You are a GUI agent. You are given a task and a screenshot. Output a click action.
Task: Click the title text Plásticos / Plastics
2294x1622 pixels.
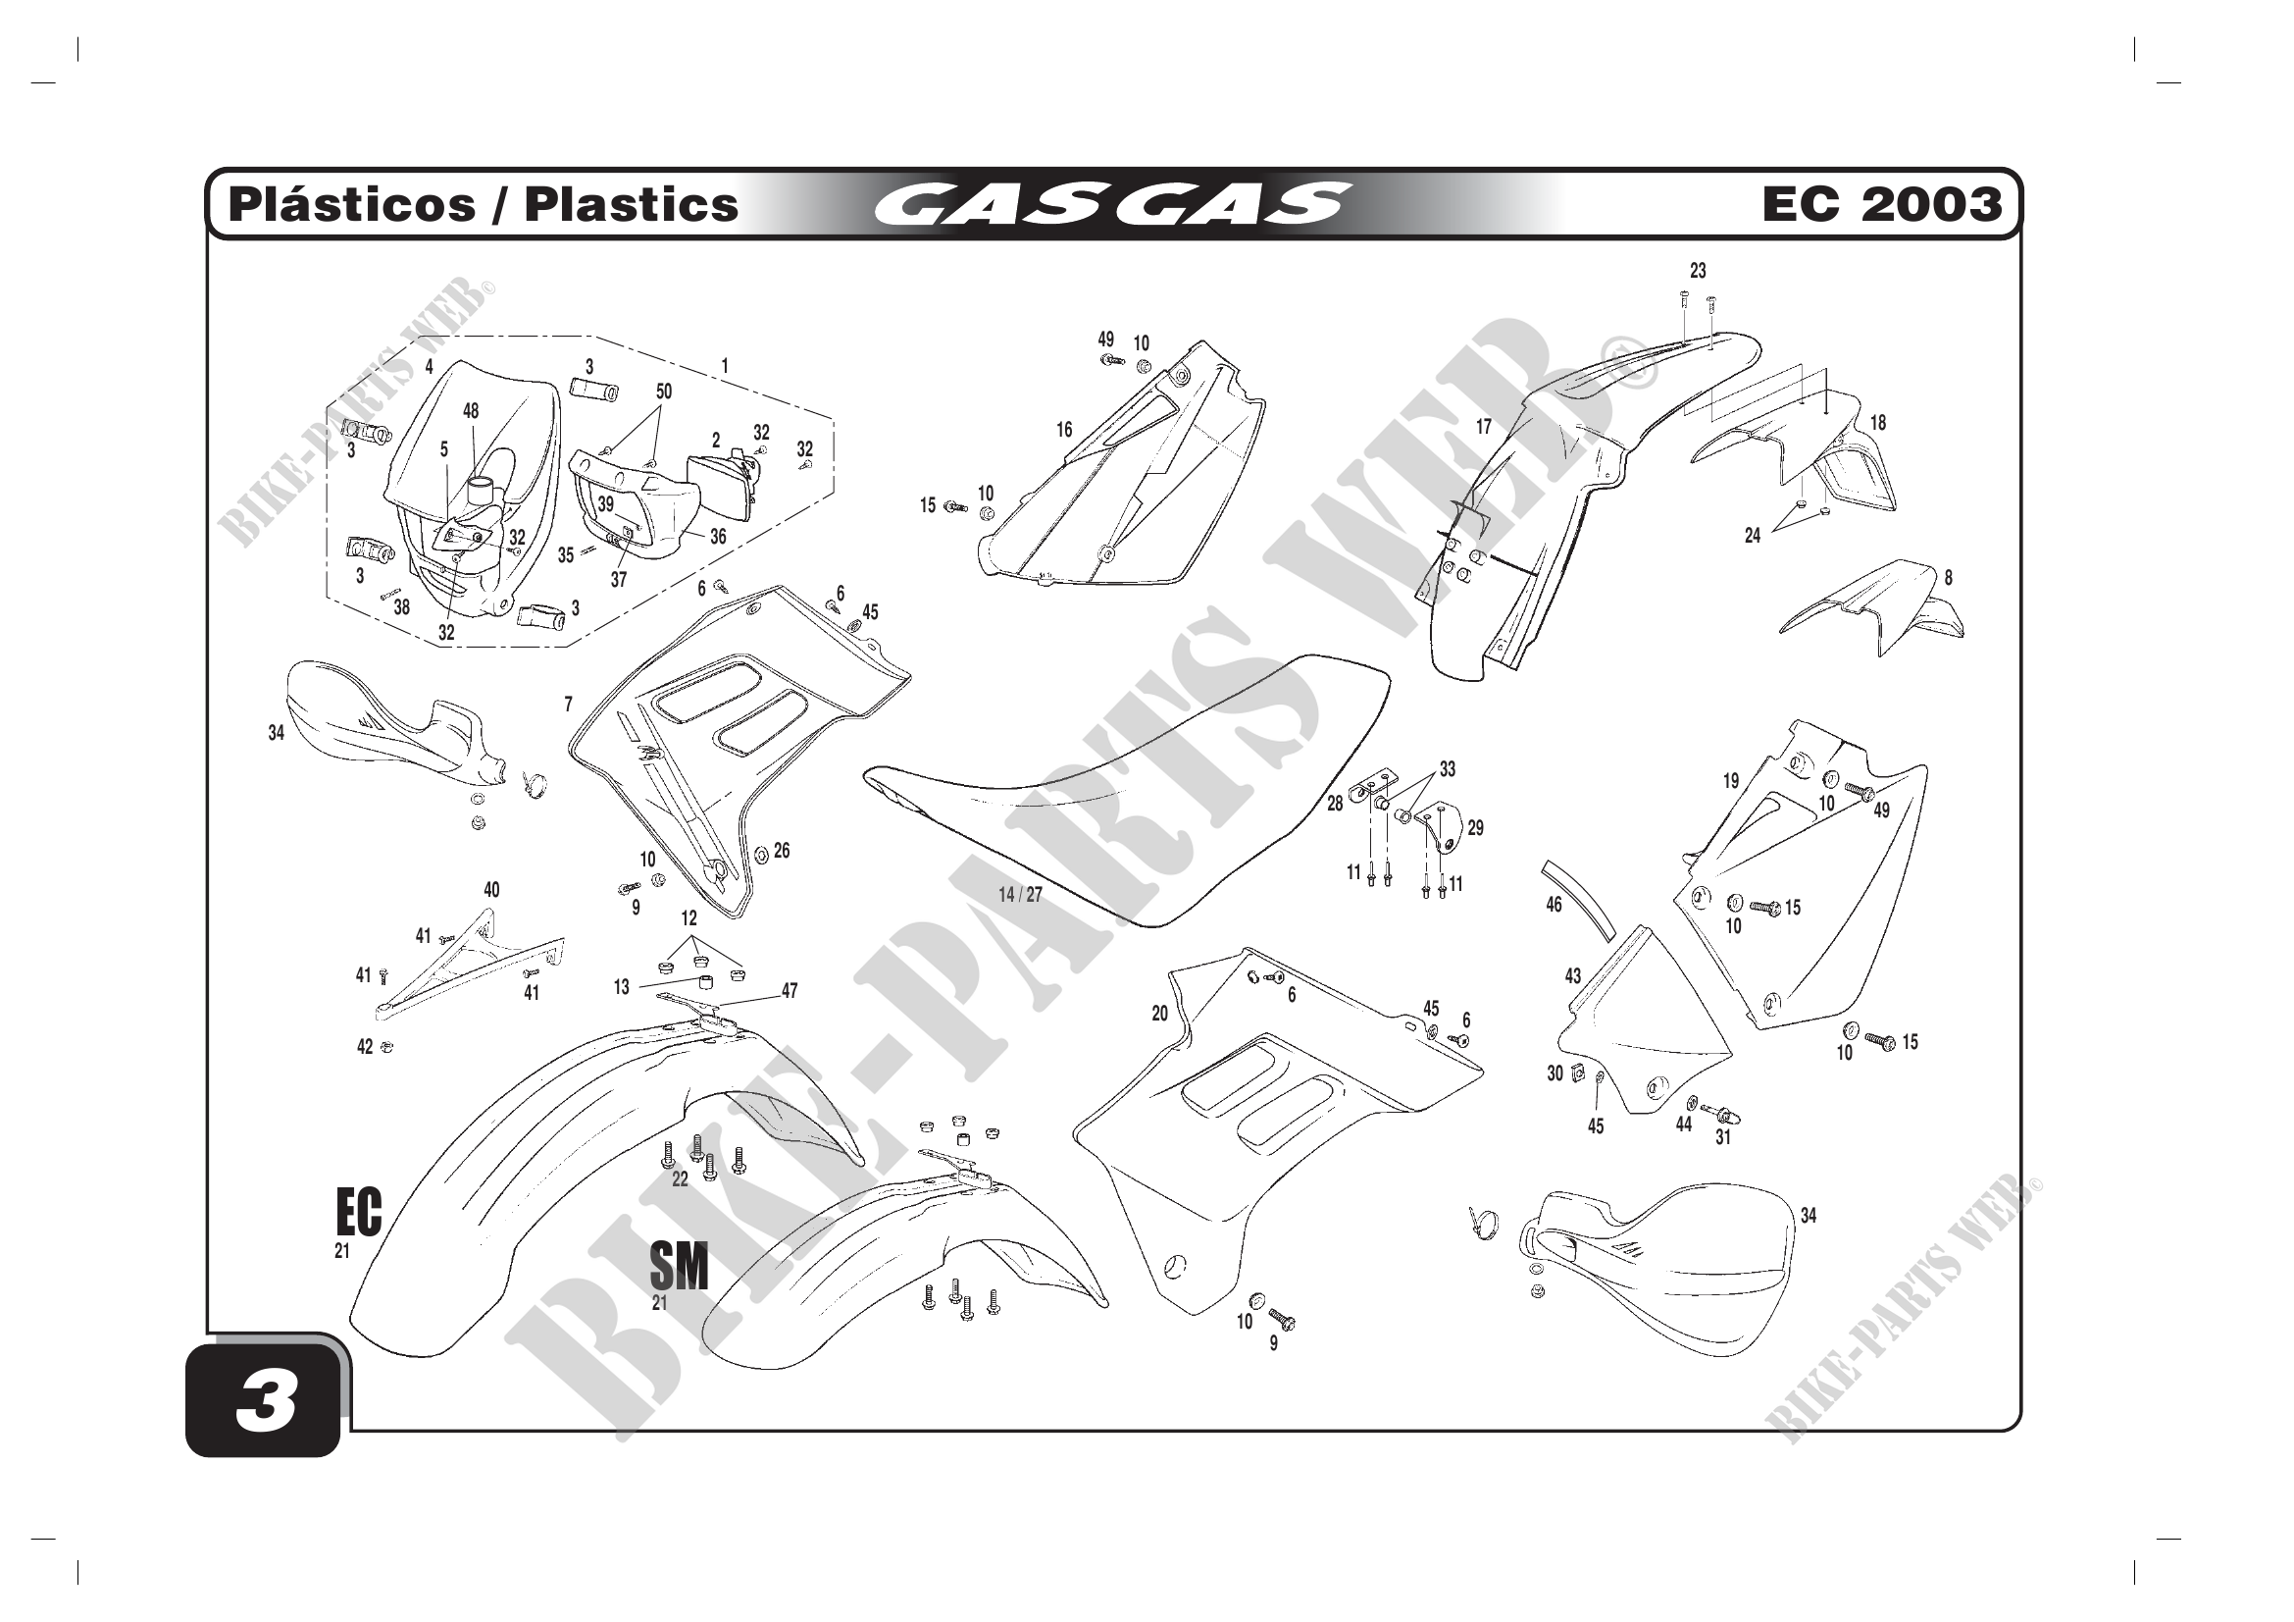tap(484, 205)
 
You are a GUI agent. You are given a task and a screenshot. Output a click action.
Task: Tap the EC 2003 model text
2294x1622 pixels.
tap(1881, 205)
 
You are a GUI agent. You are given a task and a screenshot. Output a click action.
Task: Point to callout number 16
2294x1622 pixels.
tap(1064, 430)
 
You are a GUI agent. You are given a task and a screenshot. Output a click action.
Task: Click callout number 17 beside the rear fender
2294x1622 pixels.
tap(1484, 427)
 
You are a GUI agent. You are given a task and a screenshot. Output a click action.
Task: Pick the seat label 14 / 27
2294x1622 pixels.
tap(1020, 895)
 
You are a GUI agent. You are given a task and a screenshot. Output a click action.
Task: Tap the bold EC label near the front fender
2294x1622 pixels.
tap(359, 1213)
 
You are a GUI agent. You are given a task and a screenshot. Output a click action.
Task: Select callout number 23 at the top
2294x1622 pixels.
tap(1698, 271)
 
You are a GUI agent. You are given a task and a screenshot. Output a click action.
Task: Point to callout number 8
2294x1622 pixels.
tap(1948, 578)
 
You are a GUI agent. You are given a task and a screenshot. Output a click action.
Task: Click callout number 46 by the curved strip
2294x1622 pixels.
tap(1554, 906)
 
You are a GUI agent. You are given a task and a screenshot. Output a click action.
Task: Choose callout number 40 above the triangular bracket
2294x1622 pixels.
tap(491, 889)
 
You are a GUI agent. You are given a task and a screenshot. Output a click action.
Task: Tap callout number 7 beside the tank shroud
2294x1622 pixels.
tap(569, 705)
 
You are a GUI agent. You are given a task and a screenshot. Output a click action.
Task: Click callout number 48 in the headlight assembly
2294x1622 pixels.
tap(471, 411)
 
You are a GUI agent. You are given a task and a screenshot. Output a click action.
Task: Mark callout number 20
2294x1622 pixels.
tap(1159, 1014)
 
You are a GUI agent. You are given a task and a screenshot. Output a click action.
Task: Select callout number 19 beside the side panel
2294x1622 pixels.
tap(1730, 781)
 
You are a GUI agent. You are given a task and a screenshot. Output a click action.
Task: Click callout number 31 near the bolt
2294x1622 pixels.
tap(1722, 1136)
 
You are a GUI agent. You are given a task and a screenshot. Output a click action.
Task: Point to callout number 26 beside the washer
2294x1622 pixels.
tap(782, 851)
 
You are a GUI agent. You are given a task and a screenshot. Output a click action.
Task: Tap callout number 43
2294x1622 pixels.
tap(1572, 975)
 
